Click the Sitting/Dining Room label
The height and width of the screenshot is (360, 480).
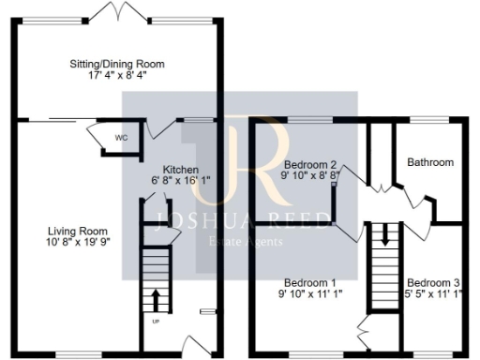[117, 64]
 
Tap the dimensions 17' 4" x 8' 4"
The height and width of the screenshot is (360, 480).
[117, 77]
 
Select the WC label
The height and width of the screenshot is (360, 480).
[121, 137]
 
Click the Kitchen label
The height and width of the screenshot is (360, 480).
[181, 170]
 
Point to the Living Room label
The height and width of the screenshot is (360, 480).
[78, 231]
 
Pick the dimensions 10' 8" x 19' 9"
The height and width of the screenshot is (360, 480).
[78, 244]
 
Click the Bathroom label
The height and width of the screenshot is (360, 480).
[429, 162]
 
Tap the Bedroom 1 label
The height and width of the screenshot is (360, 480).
[310, 282]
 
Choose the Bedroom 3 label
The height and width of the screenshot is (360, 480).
[433, 282]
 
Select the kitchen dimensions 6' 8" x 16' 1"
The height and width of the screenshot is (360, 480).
[182, 182]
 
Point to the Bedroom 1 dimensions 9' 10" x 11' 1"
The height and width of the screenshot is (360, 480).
[310, 294]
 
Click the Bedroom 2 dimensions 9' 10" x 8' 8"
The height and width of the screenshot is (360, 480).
[310, 174]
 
